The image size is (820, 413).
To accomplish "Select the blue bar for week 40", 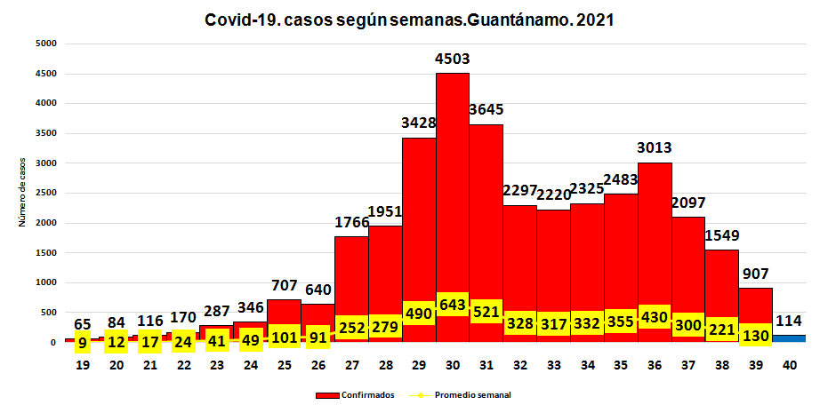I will (x=789, y=338).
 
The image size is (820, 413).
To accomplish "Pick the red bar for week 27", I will (x=351, y=275).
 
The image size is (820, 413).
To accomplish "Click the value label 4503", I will (x=452, y=59).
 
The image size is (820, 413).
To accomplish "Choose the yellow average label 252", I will (x=351, y=328).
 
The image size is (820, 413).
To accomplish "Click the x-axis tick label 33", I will (x=553, y=364).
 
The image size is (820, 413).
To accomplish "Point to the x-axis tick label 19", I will (x=82, y=364).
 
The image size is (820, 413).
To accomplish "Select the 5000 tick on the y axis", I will (x=46, y=44).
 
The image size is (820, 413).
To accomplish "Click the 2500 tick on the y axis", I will (x=46, y=193).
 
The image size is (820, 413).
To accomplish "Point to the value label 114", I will (x=789, y=320).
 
